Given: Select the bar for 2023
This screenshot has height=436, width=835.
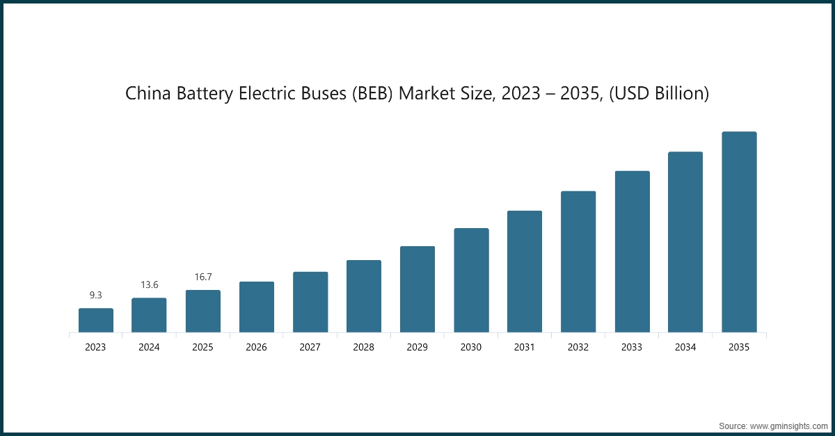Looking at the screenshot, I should pyautogui.click(x=95, y=321).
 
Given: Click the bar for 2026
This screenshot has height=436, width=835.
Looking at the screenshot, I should pyautogui.click(x=257, y=307).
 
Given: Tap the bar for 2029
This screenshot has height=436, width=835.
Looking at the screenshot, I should pyautogui.click(x=417, y=289).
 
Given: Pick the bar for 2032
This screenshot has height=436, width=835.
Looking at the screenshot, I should pyautogui.click(x=578, y=261).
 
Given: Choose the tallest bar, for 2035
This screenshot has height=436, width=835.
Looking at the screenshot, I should pyautogui.click(x=739, y=232).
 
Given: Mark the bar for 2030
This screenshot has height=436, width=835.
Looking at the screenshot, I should pyautogui.click(x=471, y=280).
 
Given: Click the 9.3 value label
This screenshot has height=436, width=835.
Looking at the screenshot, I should pyautogui.click(x=95, y=296).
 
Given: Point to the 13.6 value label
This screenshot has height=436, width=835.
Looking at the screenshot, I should pyautogui.click(x=149, y=285).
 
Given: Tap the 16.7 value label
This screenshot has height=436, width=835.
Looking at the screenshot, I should pyautogui.click(x=202, y=277).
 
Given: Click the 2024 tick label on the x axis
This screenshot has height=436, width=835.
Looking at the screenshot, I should pyautogui.click(x=149, y=347).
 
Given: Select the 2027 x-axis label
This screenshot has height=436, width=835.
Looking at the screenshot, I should pyautogui.click(x=310, y=347).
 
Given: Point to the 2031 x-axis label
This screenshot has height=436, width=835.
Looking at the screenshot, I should pyautogui.click(x=525, y=347).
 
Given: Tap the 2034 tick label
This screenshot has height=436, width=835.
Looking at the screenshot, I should pyautogui.click(x=685, y=347).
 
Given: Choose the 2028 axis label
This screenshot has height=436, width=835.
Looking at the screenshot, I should pyautogui.click(x=364, y=347).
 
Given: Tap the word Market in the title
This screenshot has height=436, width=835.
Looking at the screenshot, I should pyautogui.click(x=428, y=94).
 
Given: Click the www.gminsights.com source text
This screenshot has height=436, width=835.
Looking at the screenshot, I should pyautogui.click(x=788, y=425).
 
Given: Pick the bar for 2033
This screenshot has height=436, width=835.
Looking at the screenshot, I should pyautogui.click(x=632, y=252).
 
